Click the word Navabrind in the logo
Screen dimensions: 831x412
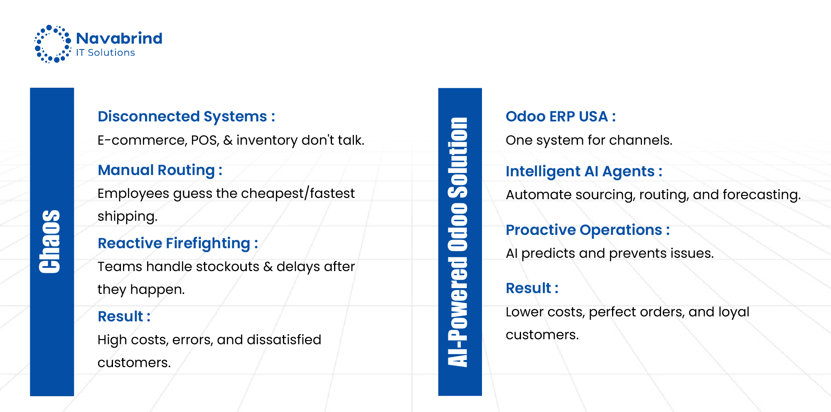(119, 38)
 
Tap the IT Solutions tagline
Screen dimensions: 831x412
(106, 52)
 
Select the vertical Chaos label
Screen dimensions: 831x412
(50, 242)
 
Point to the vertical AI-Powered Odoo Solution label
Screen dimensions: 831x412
(458, 242)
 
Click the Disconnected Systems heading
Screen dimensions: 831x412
(186, 117)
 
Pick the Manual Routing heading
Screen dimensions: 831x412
(160, 170)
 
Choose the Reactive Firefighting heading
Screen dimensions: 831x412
(178, 244)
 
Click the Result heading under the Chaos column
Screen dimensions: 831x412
(124, 316)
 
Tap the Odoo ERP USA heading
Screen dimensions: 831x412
(561, 116)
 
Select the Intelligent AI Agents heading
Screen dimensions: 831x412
(584, 171)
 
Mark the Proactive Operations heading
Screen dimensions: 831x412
(588, 230)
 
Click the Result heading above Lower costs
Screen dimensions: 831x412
(532, 288)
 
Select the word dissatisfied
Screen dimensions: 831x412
(284, 340)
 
